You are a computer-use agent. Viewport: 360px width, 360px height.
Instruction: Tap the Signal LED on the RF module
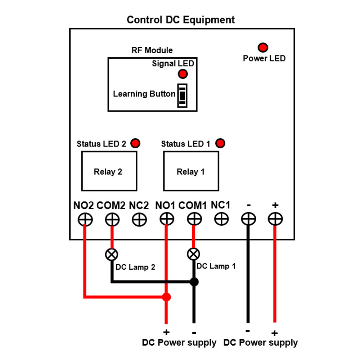coord(183,74)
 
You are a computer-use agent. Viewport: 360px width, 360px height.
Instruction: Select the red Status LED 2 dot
coord(135,143)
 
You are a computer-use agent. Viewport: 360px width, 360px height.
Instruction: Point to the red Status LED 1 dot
coord(220,143)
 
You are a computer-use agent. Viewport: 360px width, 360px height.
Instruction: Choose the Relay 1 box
coord(191,171)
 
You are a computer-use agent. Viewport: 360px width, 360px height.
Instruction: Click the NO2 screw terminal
coord(85,219)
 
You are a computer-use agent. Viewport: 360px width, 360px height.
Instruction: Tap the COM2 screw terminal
coord(112,219)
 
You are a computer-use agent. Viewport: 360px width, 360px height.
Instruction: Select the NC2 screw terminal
coord(139,219)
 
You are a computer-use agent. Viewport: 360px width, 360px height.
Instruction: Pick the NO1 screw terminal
coord(166,219)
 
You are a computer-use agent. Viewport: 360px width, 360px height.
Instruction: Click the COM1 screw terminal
coord(194,219)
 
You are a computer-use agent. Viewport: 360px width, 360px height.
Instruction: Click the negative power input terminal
coord(248,219)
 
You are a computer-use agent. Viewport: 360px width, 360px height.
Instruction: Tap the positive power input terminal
coord(275,219)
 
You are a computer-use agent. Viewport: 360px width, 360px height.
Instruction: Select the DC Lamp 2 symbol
coord(111,255)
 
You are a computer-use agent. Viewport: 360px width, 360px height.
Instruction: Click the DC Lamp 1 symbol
coord(194,254)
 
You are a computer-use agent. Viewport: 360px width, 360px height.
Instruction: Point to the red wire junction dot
coord(166,297)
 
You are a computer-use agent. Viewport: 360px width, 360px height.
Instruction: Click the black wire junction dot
coord(194,282)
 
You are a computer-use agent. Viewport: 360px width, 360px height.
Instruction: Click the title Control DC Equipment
coord(180,19)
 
